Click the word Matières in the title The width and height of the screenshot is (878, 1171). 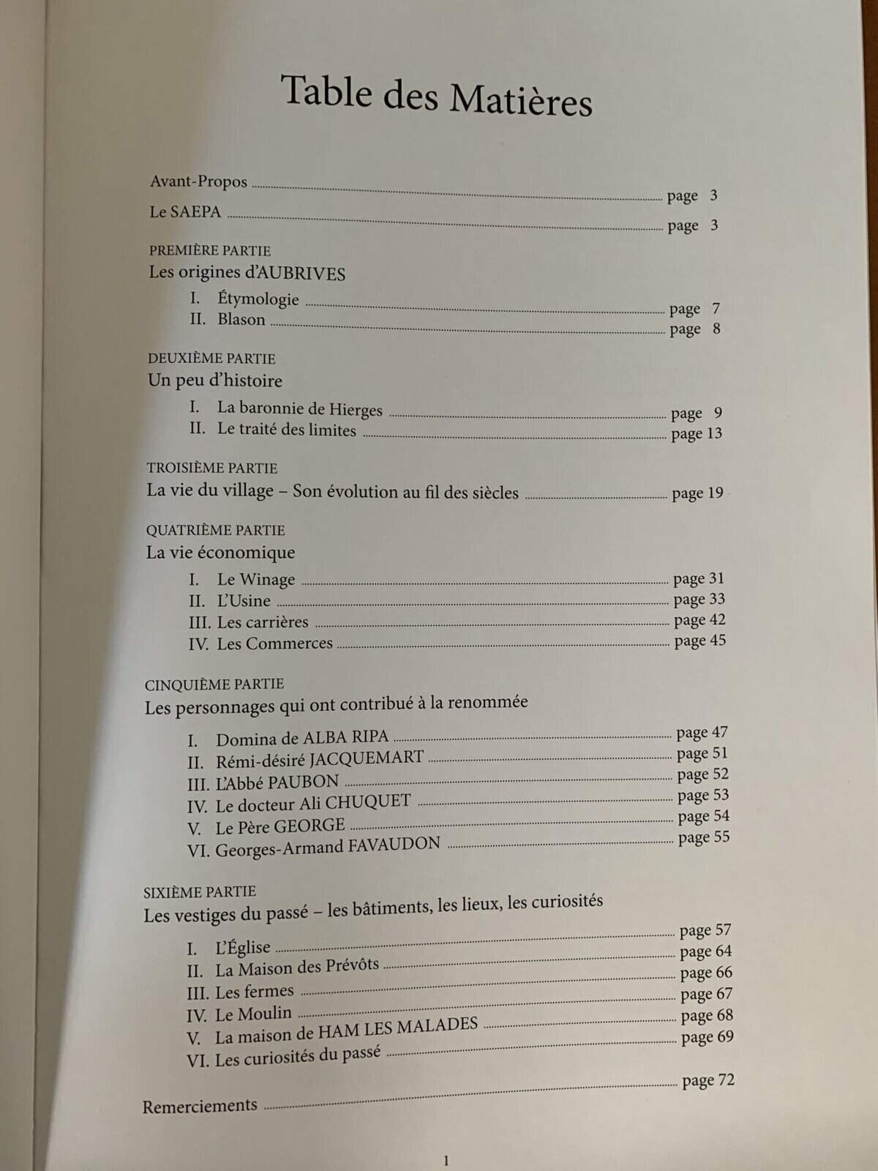(x=520, y=100)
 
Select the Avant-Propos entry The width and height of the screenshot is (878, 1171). (x=198, y=182)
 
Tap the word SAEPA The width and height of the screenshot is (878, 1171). (x=195, y=212)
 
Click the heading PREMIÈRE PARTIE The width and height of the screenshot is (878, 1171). (x=210, y=250)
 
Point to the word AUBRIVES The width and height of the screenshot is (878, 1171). (x=302, y=274)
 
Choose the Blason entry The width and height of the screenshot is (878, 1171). (x=241, y=319)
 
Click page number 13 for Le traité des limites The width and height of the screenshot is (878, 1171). (x=714, y=433)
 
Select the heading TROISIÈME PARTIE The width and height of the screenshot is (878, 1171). (x=212, y=468)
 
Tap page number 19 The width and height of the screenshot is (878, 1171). (x=715, y=493)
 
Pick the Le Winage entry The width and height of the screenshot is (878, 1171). (x=255, y=580)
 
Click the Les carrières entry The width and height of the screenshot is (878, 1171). (x=263, y=622)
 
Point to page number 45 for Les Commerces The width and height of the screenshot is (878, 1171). (x=718, y=640)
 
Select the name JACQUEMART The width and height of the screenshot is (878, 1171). (x=366, y=757)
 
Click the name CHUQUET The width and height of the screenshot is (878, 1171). (x=368, y=801)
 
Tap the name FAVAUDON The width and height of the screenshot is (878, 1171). (x=394, y=845)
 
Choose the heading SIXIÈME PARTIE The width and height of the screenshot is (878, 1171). (x=200, y=891)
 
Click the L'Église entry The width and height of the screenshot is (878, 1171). (x=242, y=947)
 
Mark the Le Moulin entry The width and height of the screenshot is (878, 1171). (x=253, y=1014)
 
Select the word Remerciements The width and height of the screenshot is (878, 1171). (x=200, y=1106)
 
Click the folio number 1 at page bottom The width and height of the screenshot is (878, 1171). (x=446, y=1160)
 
